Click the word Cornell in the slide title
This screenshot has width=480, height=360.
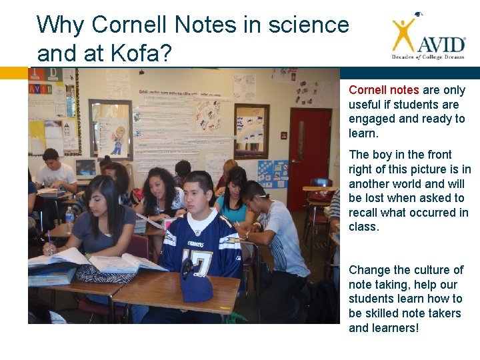coord(130,25)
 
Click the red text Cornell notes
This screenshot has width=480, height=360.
coord(383,90)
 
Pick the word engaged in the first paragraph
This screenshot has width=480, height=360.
coord(372,119)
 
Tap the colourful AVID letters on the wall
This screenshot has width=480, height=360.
coord(42,89)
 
